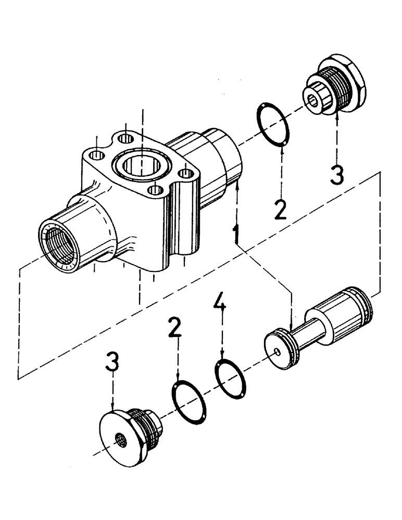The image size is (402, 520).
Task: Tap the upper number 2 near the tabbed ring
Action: pos(280,208)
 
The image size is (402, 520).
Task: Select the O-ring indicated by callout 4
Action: pos(231,375)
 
